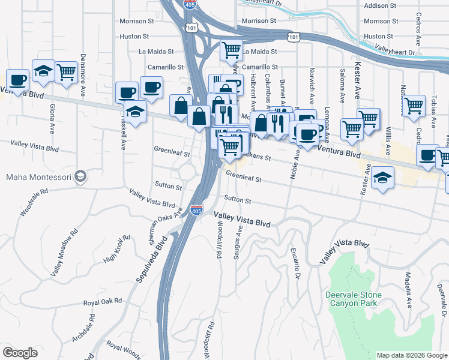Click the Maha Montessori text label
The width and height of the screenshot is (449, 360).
click(x=38, y=177)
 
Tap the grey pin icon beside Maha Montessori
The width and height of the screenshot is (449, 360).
click(x=82, y=177)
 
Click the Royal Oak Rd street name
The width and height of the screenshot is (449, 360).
click(x=102, y=301)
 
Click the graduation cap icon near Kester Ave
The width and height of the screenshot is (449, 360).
click(x=382, y=178)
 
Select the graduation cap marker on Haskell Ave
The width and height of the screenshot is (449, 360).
click(x=136, y=112)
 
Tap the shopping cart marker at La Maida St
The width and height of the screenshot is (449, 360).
click(x=231, y=50)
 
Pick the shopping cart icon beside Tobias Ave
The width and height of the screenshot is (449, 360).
click(x=414, y=106)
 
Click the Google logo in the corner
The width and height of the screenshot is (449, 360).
click(x=20, y=353)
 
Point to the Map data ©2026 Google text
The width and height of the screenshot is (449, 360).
click(x=411, y=355)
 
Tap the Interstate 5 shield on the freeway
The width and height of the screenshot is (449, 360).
click(x=196, y=210)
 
